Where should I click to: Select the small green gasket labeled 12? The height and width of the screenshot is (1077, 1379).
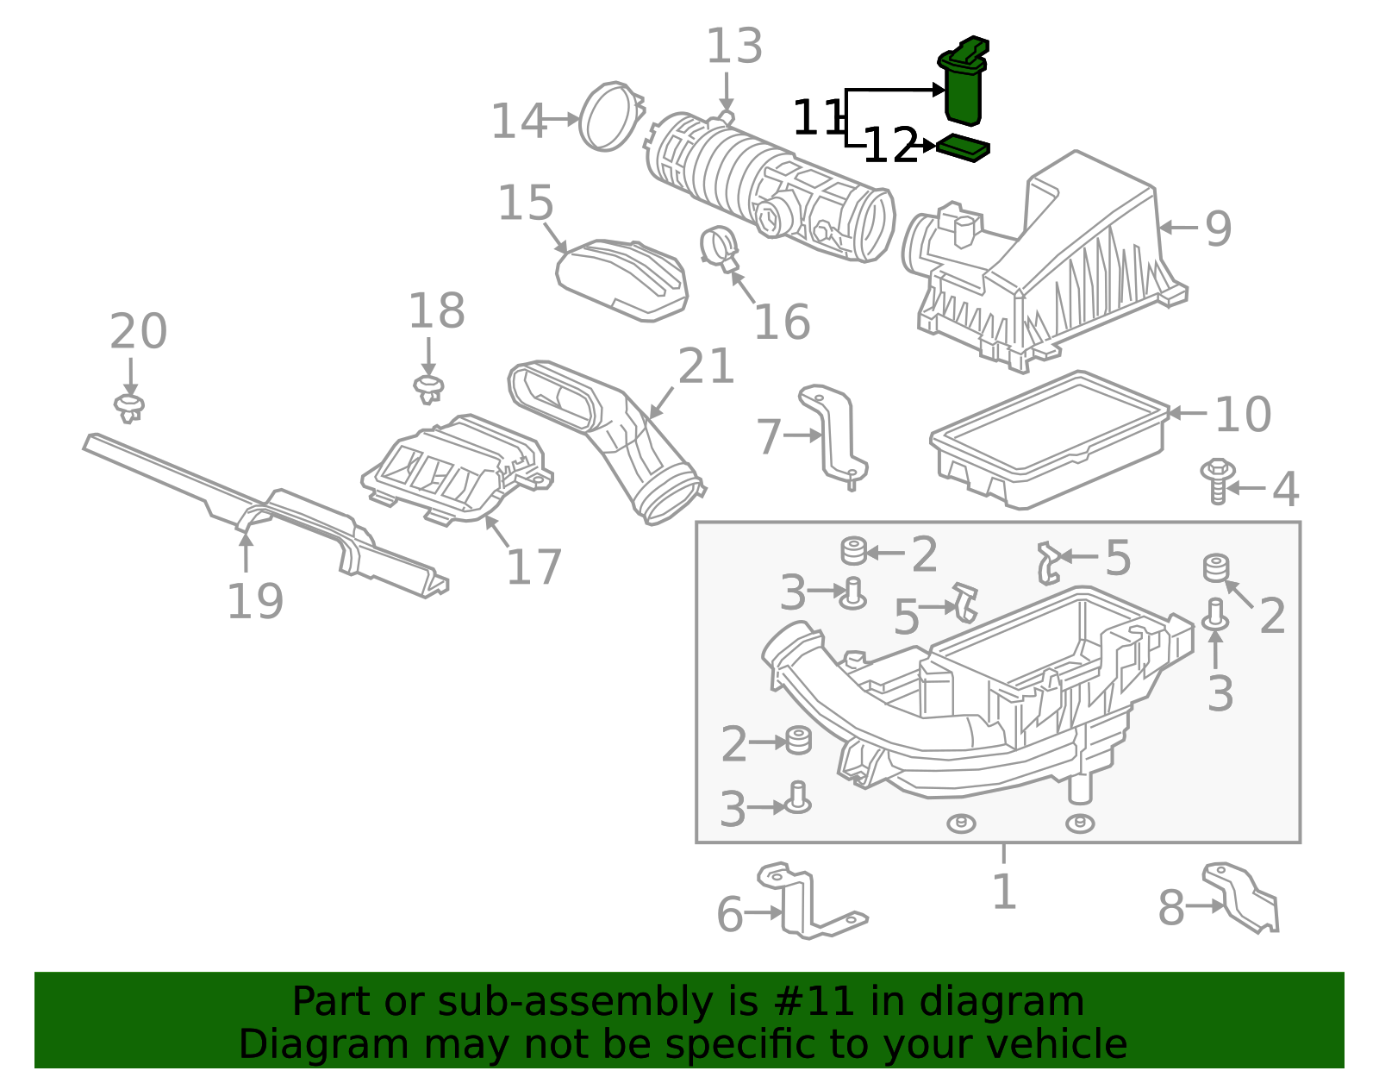(x=963, y=148)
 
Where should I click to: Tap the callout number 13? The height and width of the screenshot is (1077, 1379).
(x=734, y=47)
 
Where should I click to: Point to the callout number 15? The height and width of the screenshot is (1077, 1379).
(x=526, y=204)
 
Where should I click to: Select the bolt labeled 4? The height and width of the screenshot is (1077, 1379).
(x=1216, y=481)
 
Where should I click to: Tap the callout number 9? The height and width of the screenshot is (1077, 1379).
(x=1218, y=229)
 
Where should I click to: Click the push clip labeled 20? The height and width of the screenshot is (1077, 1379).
(x=128, y=407)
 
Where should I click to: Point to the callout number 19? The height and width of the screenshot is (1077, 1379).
(x=255, y=602)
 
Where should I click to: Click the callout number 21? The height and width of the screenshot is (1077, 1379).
(x=706, y=366)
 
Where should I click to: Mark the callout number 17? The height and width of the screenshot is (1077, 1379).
(x=534, y=567)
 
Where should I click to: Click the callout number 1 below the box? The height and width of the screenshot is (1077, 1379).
(x=1004, y=892)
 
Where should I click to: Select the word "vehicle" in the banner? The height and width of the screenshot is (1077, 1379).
(x=1057, y=1044)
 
